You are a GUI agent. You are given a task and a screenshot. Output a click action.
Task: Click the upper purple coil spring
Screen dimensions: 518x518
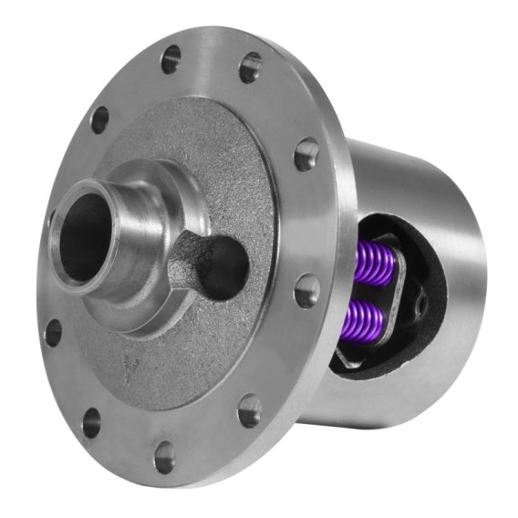coord(377,264)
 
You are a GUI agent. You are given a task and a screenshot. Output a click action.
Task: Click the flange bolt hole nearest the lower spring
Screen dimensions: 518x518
coord(307,291)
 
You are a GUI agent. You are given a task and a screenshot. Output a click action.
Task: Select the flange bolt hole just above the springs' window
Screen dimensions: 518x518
coord(306,154)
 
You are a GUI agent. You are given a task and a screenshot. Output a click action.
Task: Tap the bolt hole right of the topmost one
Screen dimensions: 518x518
coord(249,67)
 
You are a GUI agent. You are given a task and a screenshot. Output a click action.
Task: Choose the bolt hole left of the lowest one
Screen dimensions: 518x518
coord(91,422)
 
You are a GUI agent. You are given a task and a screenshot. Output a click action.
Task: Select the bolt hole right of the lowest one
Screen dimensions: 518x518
coord(250,410)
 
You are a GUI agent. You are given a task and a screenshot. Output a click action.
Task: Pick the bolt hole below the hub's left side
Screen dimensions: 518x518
coord(54,332)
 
